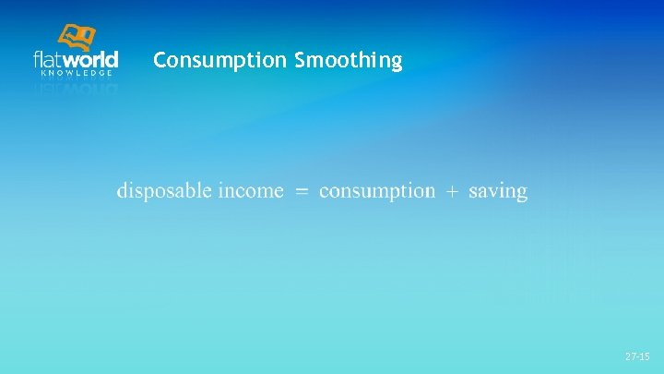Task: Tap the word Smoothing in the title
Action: pyautogui.click(x=349, y=61)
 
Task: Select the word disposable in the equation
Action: pyautogui.click(x=166, y=191)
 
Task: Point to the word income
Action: pyautogui.click(x=252, y=191)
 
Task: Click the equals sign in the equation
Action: pyautogui.click(x=302, y=192)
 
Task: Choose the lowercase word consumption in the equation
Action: pyautogui.click(x=377, y=191)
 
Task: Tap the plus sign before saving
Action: pyautogui.click(x=452, y=192)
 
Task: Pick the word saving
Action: pyautogui.click(x=498, y=192)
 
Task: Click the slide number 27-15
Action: pyautogui.click(x=637, y=356)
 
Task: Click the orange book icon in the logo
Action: pyautogui.click(x=77, y=38)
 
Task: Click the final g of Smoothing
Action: pyautogui.click(x=397, y=64)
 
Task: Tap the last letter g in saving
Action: pyautogui.click(x=522, y=194)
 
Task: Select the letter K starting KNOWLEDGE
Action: pyautogui.click(x=41, y=73)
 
